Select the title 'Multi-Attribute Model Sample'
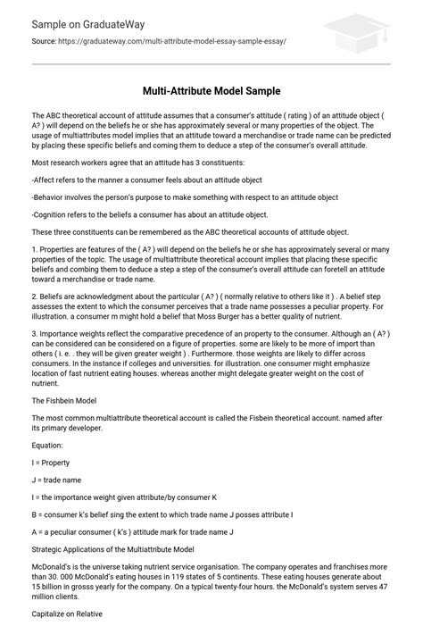(x=211, y=92)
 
